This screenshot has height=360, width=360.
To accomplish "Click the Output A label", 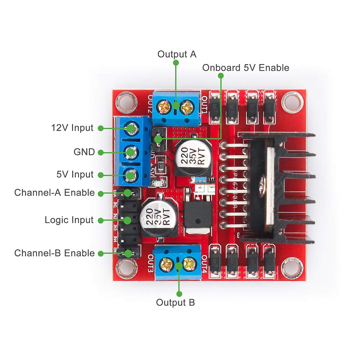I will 177,54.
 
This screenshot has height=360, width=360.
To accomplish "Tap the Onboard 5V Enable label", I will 246,68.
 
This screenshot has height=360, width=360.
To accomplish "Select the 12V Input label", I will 72,128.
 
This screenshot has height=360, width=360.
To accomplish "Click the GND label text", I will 84,152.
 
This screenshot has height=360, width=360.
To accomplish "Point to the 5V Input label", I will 75,175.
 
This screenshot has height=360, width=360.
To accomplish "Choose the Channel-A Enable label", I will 54,192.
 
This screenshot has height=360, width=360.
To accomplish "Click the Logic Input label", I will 69,220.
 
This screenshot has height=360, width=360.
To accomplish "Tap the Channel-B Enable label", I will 54,253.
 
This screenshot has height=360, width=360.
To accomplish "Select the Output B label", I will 176,302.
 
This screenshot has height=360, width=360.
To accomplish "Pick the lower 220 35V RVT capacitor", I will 157,218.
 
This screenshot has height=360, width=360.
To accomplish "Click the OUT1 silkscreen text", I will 204,105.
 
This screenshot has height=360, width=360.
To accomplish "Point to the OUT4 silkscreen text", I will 204,264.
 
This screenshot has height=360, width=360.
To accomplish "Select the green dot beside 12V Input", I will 101,128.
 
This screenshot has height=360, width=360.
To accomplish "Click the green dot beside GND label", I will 101,152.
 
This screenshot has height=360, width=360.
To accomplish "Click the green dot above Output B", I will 179,266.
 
